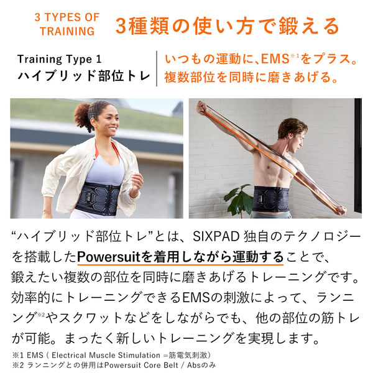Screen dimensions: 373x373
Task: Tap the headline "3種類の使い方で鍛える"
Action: (228, 25)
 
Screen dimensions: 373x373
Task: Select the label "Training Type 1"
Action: (59, 60)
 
